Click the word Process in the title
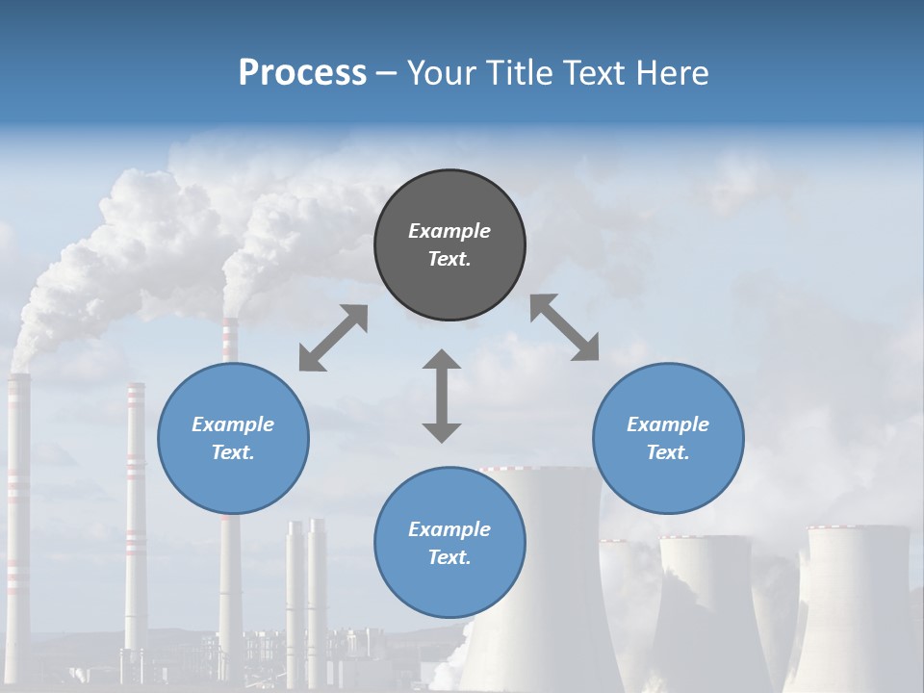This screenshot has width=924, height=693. [x=302, y=72]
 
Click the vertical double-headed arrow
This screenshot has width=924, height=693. [x=442, y=397]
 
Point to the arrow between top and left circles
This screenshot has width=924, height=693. [x=333, y=338]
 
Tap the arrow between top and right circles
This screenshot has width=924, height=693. [x=564, y=327]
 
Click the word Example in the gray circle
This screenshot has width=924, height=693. [x=449, y=231]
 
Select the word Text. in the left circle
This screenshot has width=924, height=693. [x=233, y=452]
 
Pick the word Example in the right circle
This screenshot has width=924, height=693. [x=668, y=424]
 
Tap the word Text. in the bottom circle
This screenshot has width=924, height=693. [x=449, y=557]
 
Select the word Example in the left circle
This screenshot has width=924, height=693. [x=233, y=424]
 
